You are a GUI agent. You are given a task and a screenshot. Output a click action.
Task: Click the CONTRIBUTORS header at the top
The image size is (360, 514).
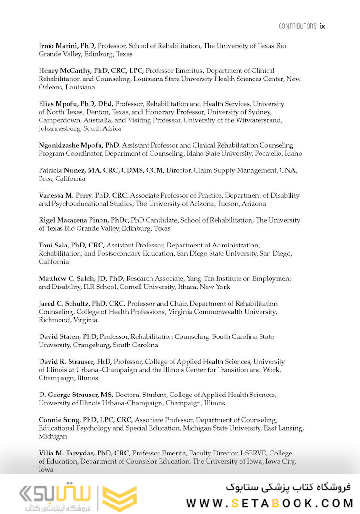pos(297,26)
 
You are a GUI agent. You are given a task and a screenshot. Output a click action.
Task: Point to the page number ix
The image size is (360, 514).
pos(322,26)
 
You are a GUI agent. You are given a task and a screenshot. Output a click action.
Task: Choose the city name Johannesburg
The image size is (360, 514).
pos(60,128)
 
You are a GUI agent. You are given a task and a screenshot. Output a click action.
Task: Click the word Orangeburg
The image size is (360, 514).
pos(91,345)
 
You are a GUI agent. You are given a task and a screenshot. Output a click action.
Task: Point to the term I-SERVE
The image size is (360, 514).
pos(255,453)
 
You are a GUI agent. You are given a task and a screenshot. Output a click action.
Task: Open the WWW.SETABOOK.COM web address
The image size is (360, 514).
pos(270,503)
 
